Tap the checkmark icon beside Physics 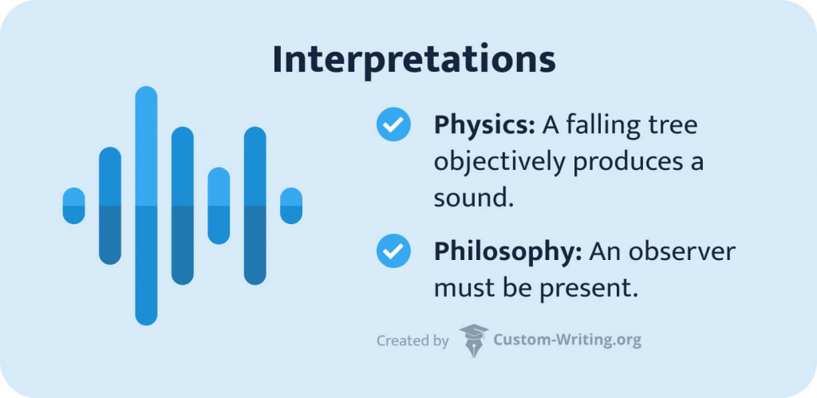coord(393,126)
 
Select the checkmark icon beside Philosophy coord(393,252)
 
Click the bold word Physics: coord(484,126)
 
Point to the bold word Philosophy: coord(508,252)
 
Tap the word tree coord(677,126)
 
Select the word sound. coord(472,198)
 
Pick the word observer coord(682,252)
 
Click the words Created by coord(412,341)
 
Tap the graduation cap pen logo coord(473,340)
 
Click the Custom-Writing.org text coord(568,341)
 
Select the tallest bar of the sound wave coord(146,206)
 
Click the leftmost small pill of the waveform coord(73,206)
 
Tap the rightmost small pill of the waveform coord(291,206)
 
